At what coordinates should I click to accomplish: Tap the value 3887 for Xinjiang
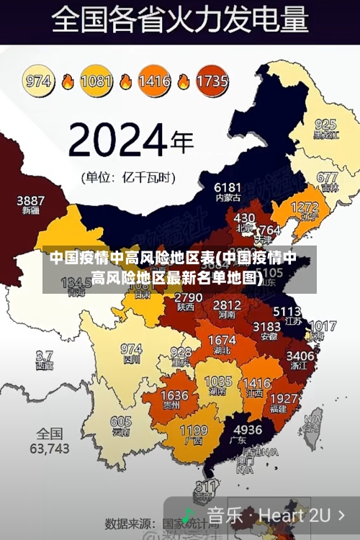tap(30, 200)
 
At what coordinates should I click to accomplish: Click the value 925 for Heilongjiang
tap(325, 124)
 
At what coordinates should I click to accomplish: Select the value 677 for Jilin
tap(326, 177)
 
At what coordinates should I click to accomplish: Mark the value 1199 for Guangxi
tap(193, 431)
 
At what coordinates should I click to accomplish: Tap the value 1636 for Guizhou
tap(174, 395)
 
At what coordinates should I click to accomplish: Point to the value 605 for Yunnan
tap(121, 422)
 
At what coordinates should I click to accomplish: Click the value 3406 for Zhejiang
tap(300, 355)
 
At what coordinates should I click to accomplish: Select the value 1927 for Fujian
tap(283, 398)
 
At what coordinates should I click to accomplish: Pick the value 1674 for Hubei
tap(221, 340)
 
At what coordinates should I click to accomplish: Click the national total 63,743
tap(48, 448)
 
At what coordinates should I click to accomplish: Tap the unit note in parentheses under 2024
tap(130, 176)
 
